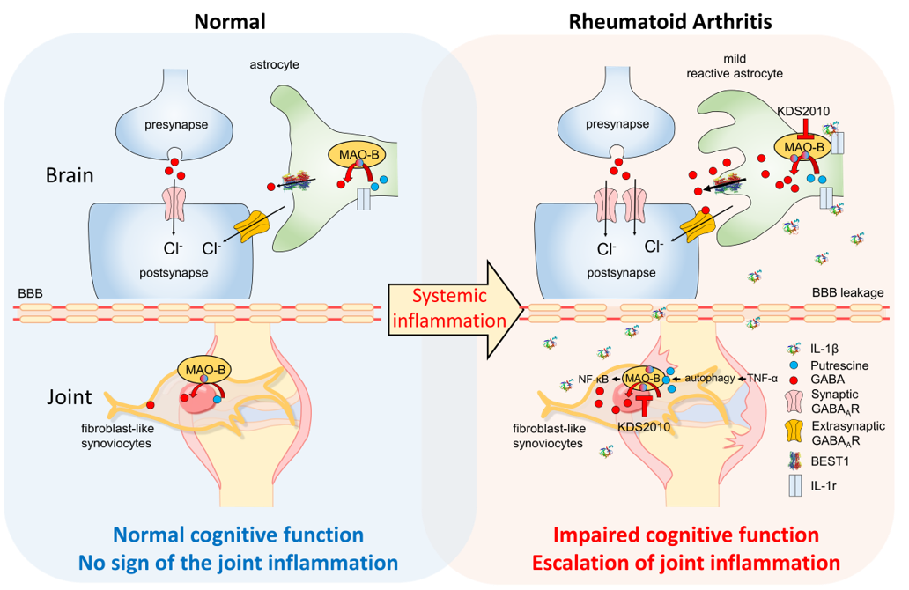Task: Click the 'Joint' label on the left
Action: [x=70, y=397]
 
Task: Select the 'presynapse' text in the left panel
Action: [x=177, y=124]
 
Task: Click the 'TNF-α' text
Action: [x=763, y=377]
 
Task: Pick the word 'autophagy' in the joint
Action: [x=710, y=377]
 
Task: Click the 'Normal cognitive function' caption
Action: [x=238, y=535]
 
